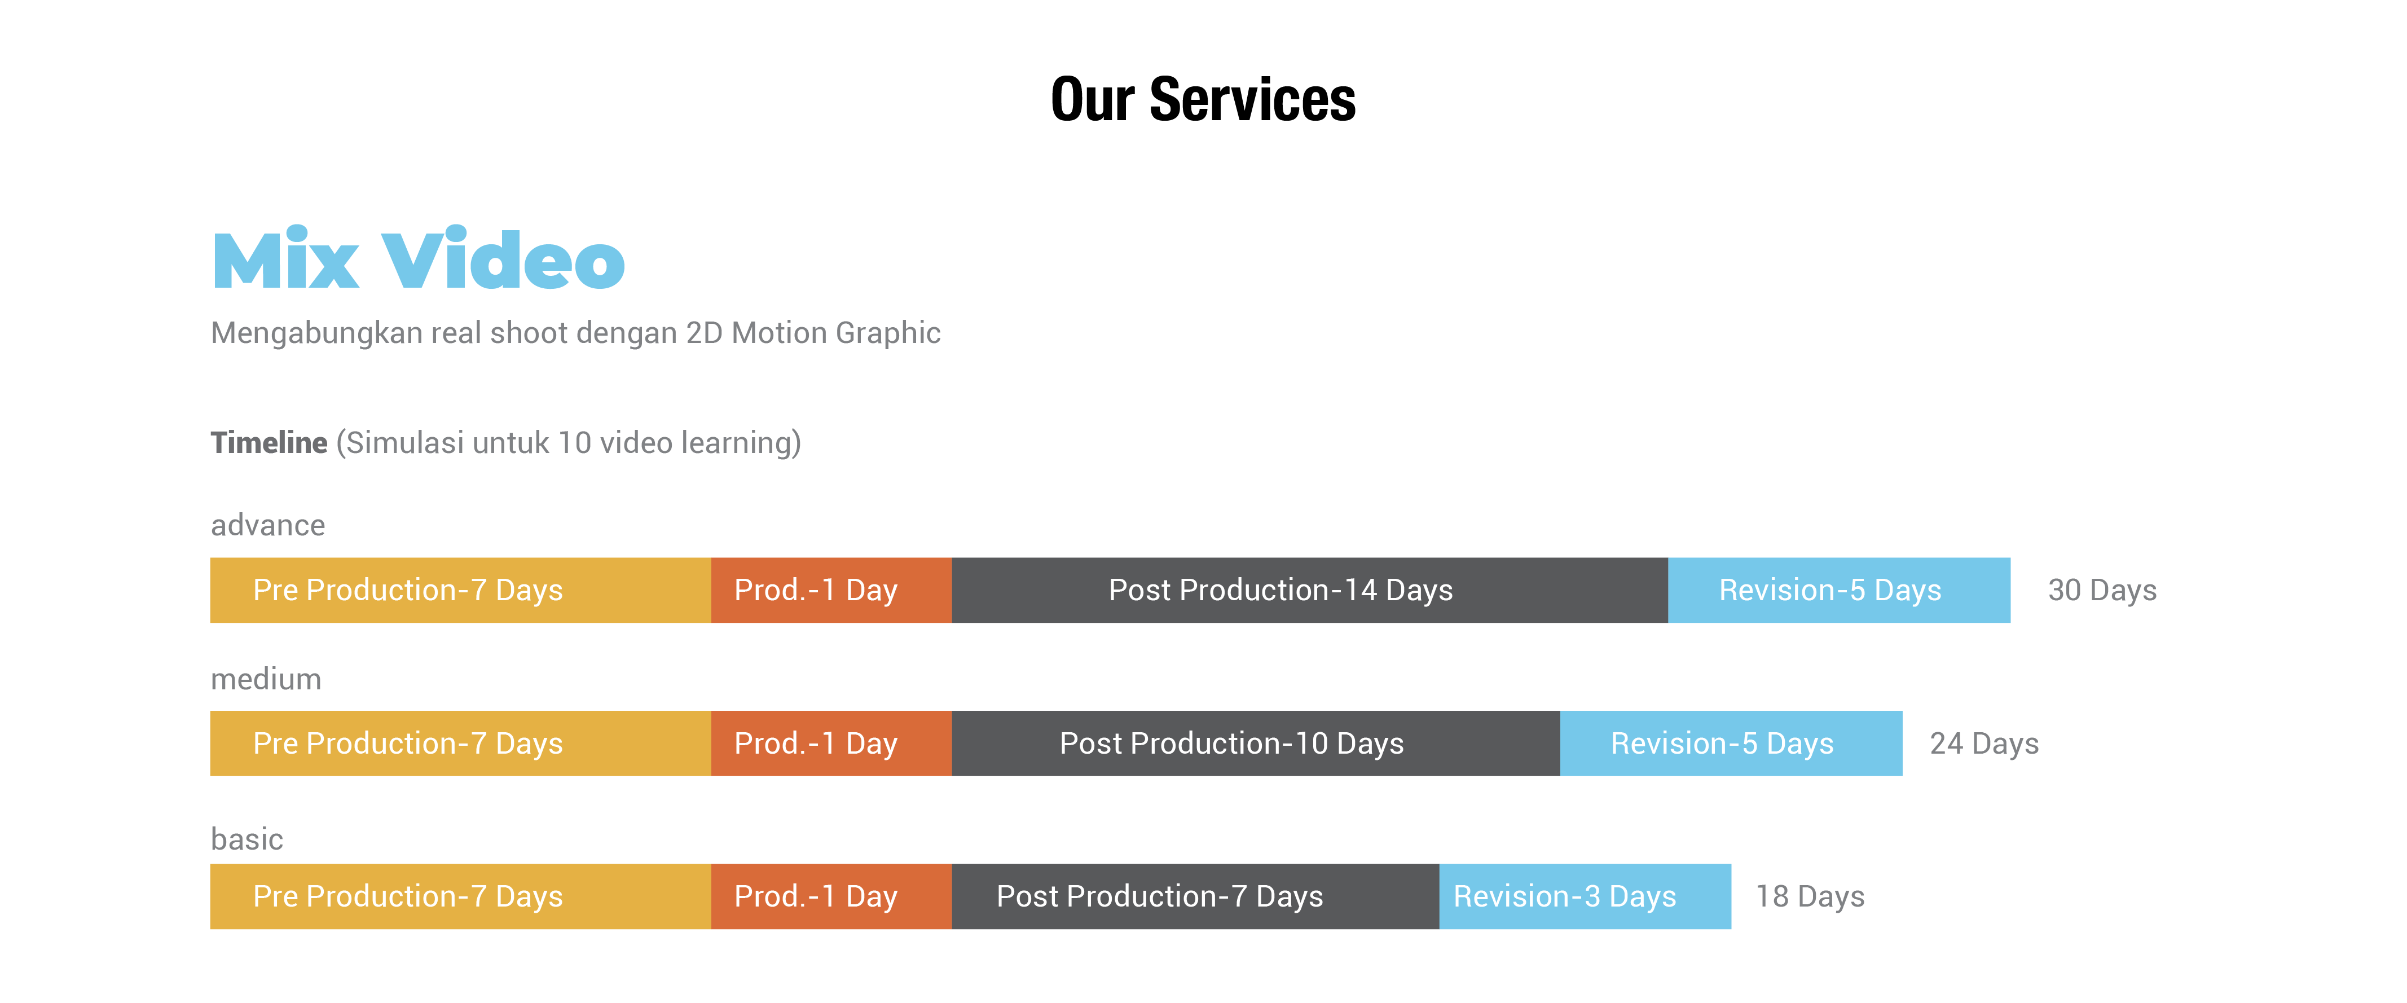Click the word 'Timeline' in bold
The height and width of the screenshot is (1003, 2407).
[269, 442]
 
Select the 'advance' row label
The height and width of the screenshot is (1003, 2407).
[268, 525]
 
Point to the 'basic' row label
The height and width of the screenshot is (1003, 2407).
[247, 838]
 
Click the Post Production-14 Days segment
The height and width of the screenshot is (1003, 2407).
[1310, 590]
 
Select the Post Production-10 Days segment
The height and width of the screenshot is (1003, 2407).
[1256, 743]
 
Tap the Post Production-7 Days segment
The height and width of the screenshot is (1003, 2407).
[1195, 896]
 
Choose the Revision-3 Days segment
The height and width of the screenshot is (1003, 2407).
[1585, 896]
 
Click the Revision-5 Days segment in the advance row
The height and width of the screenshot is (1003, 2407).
[1839, 590]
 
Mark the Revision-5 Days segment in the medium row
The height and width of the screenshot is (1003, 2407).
[1731, 743]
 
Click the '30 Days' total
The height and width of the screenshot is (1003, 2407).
[2102, 590]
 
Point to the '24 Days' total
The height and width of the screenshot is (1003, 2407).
[1984, 743]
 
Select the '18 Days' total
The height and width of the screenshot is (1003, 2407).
[1810, 896]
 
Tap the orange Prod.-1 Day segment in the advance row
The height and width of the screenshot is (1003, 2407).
[831, 590]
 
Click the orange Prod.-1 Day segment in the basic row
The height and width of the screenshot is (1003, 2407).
[831, 896]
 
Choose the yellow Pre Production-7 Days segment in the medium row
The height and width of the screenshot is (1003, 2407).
[461, 743]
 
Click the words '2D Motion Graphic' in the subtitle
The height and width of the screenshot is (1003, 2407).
[813, 333]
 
